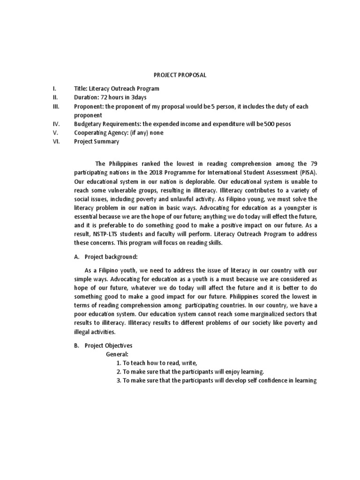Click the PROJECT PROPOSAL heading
point(180,75)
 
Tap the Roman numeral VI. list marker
point(56,142)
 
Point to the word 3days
point(136,97)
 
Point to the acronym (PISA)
point(306,172)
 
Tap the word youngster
point(294,208)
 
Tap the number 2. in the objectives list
point(119,372)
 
